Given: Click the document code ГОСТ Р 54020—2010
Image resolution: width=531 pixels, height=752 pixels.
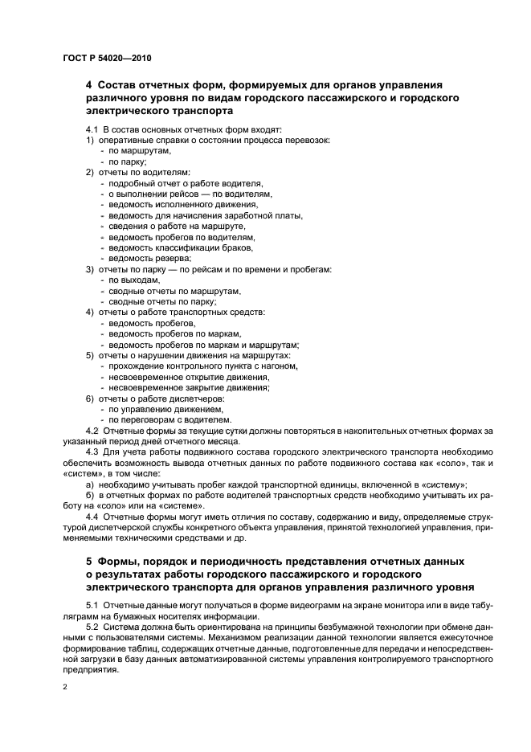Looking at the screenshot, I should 106,59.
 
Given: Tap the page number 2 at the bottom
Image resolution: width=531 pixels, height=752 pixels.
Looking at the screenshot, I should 65,689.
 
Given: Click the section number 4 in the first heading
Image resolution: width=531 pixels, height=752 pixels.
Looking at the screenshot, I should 89,85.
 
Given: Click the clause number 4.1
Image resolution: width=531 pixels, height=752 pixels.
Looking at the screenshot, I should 92,129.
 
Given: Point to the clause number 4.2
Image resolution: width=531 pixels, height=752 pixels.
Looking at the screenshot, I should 92,431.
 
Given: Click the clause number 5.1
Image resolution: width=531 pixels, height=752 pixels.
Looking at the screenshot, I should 92,603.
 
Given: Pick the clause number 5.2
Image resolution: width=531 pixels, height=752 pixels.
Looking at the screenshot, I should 92,624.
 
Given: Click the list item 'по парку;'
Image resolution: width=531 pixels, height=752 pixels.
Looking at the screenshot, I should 128,161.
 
